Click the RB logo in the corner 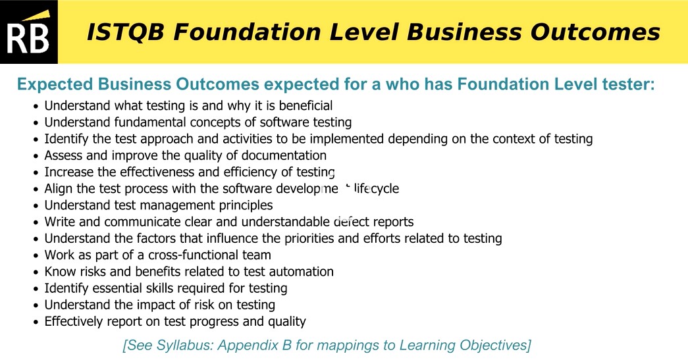28,32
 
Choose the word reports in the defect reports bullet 392,222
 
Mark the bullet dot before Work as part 36,255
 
